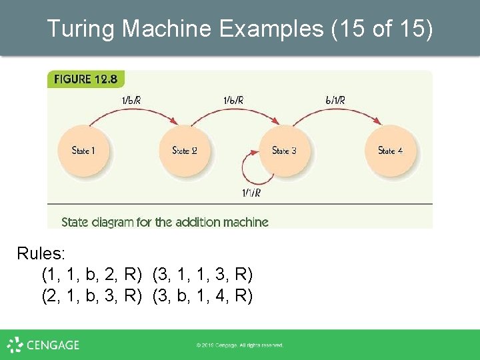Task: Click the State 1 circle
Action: click(83, 151)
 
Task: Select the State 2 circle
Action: click(184, 151)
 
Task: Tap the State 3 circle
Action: click(284, 151)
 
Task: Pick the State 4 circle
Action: click(390, 151)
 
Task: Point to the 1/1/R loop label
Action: click(251, 193)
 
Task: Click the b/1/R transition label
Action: click(335, 101)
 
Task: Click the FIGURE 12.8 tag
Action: click(85, 79)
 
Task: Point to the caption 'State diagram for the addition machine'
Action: click(165, 222)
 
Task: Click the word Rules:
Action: click(42, 253)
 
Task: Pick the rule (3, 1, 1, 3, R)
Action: click(203, 274)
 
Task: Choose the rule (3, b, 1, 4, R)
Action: click(203, 295)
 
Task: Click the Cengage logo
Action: click(43, 345)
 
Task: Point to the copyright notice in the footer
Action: click(239, 345)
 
